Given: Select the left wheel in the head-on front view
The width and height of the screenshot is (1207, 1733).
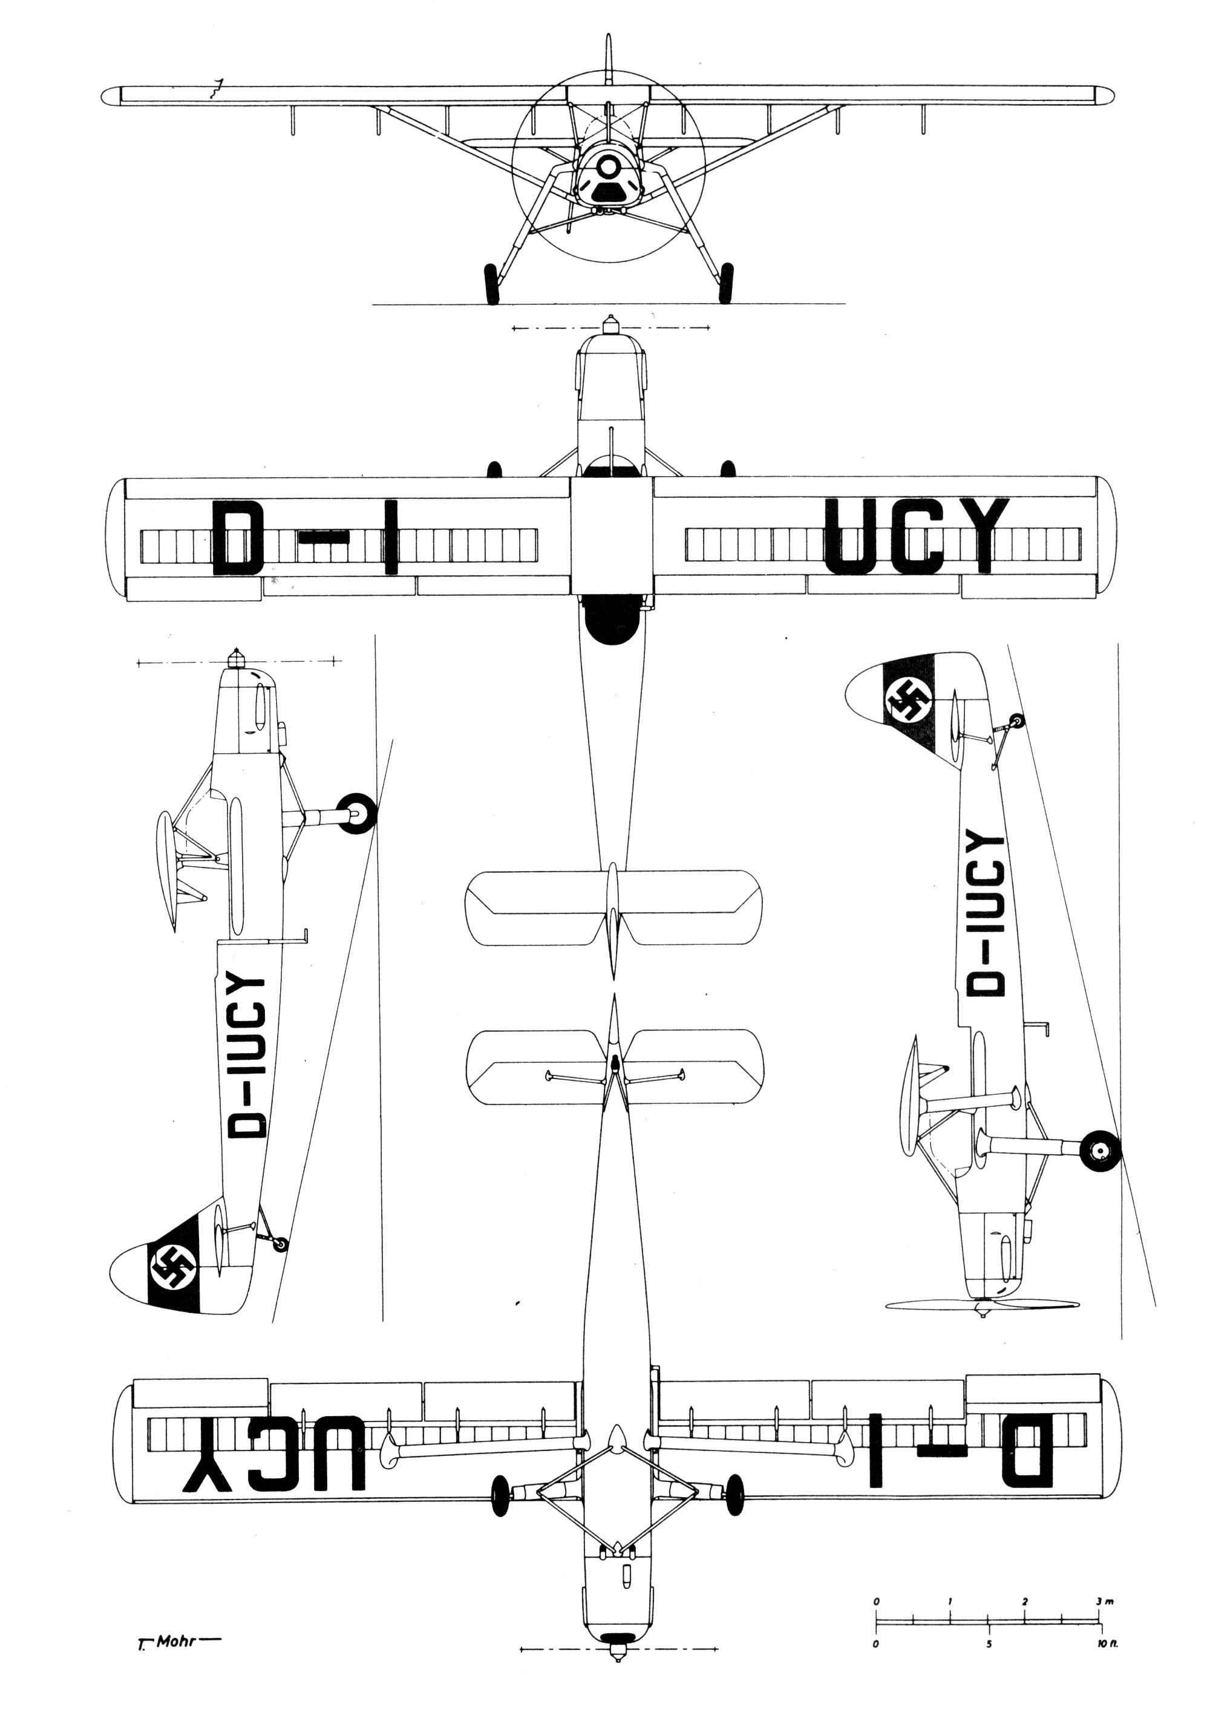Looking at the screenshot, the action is [491, 284].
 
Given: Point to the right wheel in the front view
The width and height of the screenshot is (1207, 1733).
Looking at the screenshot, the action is [725, 283].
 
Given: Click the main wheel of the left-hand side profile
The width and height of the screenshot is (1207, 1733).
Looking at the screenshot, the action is [356, 814].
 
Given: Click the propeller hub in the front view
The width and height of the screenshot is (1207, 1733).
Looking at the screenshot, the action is [609, 167].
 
